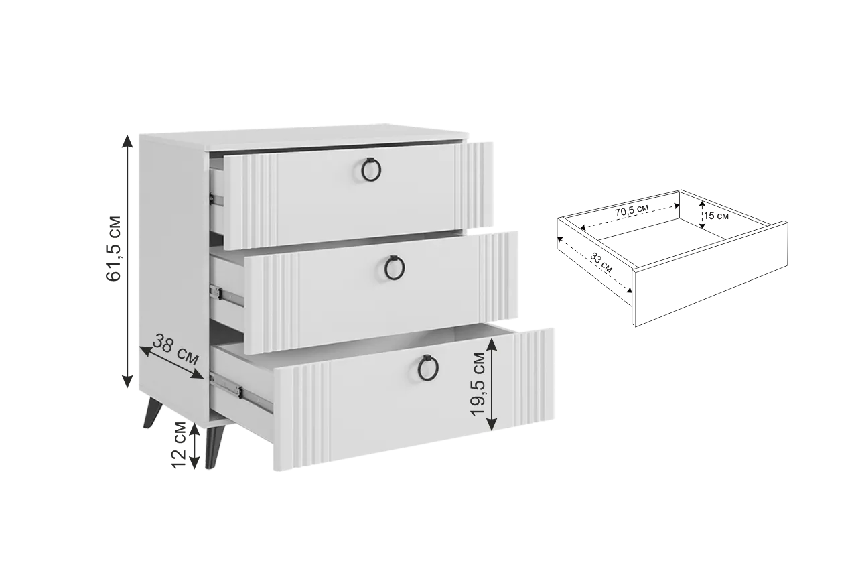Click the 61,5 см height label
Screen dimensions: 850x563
[113, 248]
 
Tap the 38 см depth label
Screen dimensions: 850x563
[175, 349]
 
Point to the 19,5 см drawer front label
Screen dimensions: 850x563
[478, 383]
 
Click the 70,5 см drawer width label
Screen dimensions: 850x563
[632, 210]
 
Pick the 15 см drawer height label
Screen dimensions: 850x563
[716, 216]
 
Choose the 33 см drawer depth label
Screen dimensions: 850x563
[601, 263]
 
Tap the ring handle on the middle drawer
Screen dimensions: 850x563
[395, 267]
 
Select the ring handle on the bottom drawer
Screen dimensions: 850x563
[428, 367]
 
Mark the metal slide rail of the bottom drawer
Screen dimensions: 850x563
[241, 392]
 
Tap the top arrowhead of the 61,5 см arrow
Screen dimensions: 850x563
[128, 141]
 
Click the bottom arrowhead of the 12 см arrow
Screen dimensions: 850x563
[194, 462]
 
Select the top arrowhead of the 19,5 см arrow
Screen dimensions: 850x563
[492, 345]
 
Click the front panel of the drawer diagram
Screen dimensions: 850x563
[710, 273]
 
